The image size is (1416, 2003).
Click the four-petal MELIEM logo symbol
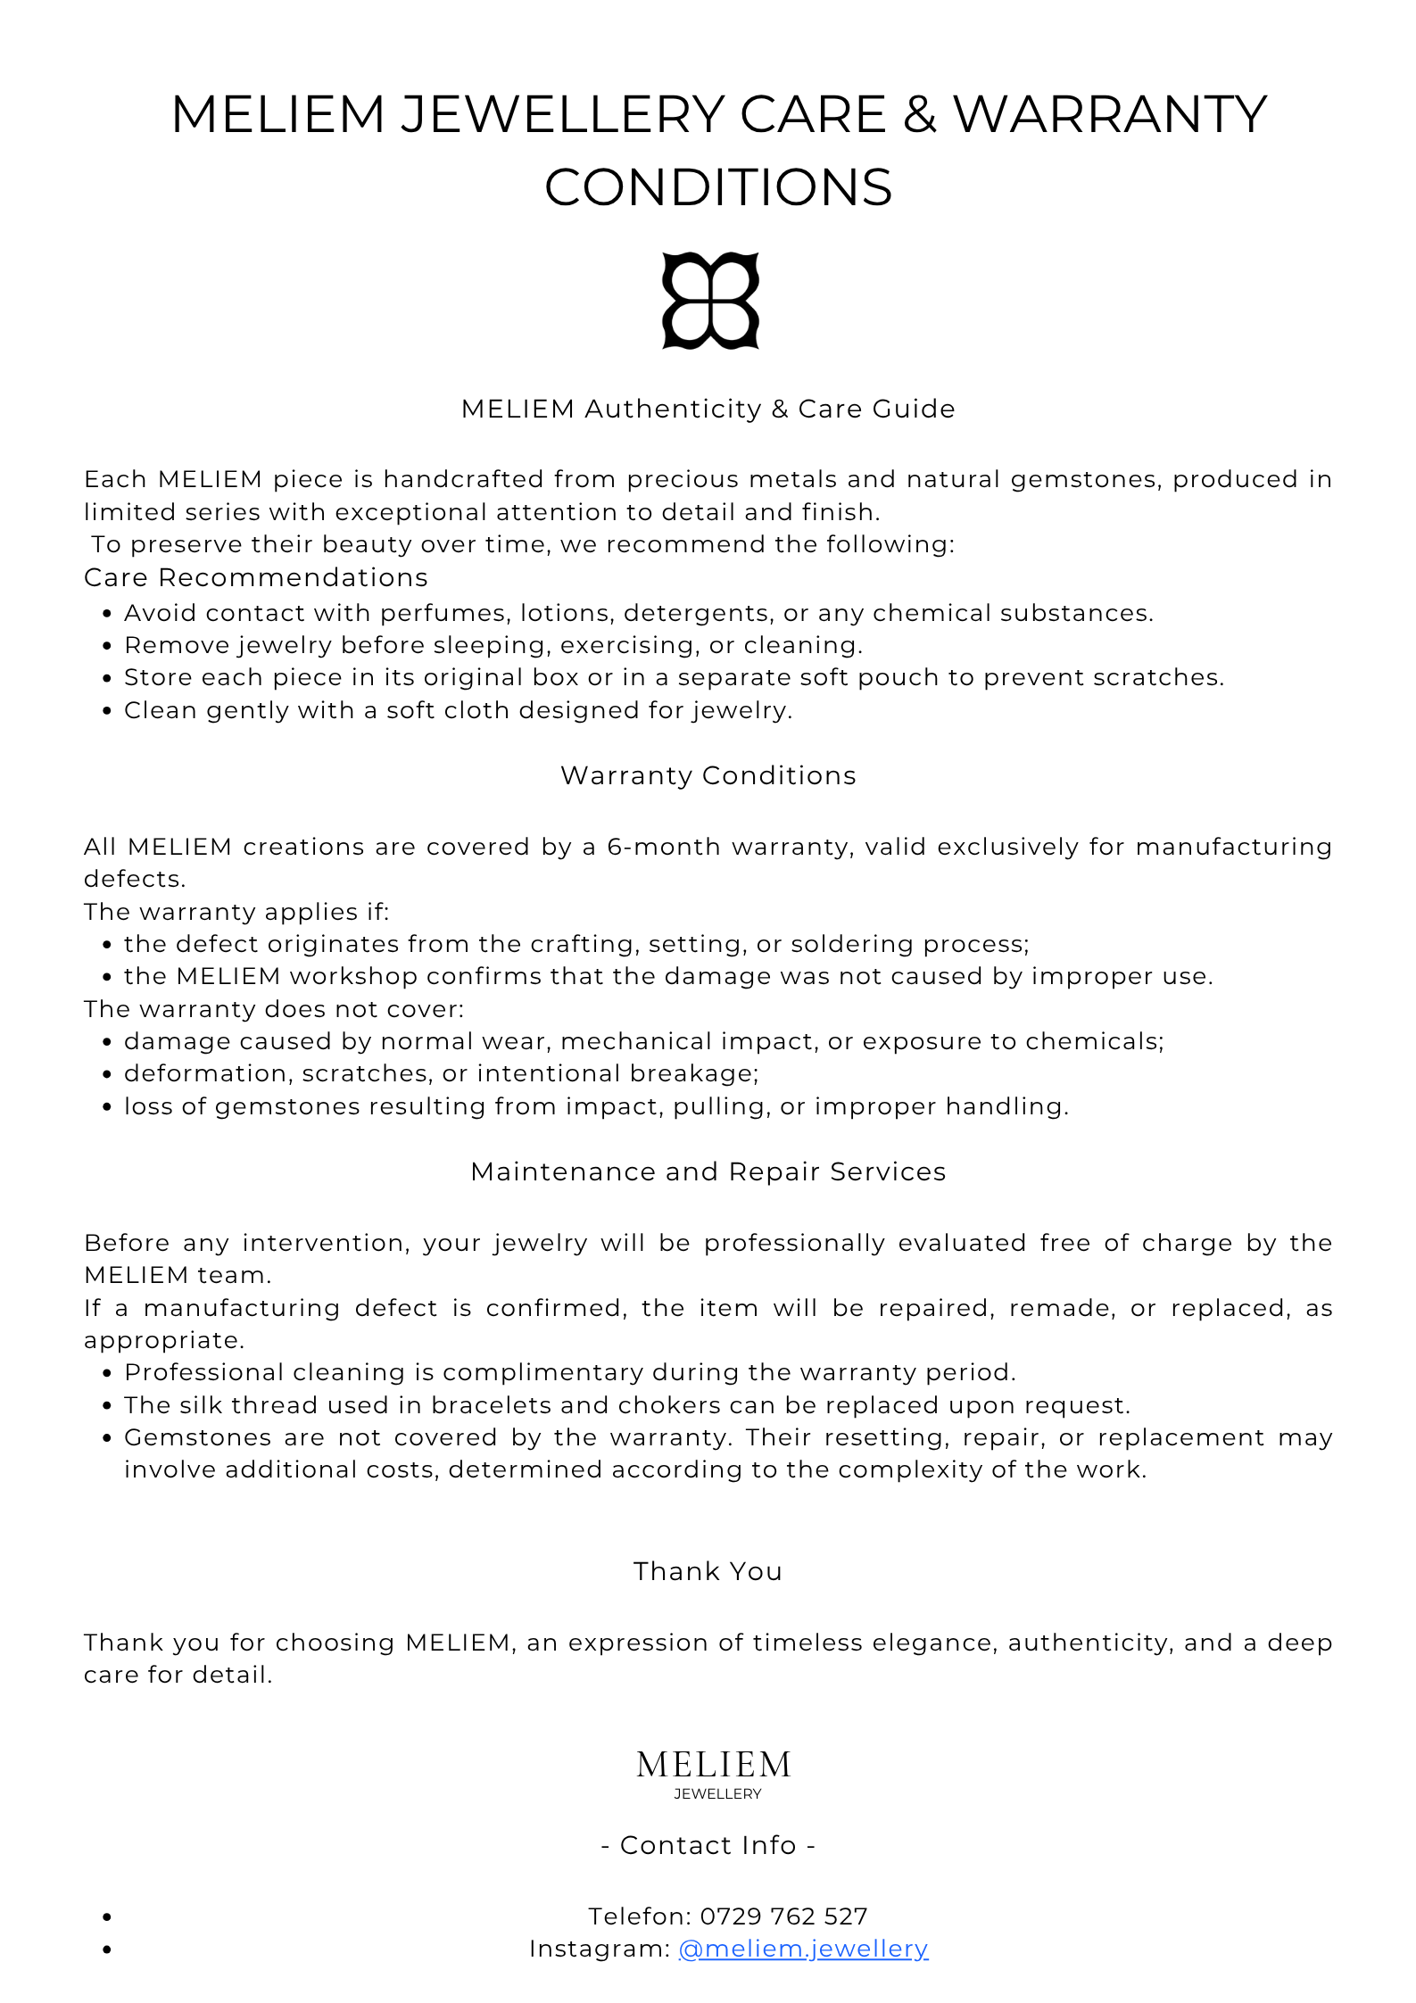coord(710,301)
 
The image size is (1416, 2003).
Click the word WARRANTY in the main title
coord(1110,114)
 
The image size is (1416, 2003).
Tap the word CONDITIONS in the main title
coord(718,187)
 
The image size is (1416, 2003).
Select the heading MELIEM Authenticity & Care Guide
coord(708,409)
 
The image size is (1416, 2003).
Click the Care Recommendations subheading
coord(256,577)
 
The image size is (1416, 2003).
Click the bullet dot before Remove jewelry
coord(107,646)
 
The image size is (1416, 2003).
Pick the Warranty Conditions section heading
coord(708,775)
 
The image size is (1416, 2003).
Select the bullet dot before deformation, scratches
coord(107,1074)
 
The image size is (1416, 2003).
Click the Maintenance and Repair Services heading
coord(708,1171)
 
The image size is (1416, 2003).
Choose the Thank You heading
coord(708,1571)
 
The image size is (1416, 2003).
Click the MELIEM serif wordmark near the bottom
coord(714,1764)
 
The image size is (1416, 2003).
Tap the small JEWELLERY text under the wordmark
coord(717,1793)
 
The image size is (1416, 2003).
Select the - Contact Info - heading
coord(708,1844)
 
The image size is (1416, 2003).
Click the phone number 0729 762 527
coord(783,1916)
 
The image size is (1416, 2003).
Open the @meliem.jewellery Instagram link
coord(803,1949)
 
